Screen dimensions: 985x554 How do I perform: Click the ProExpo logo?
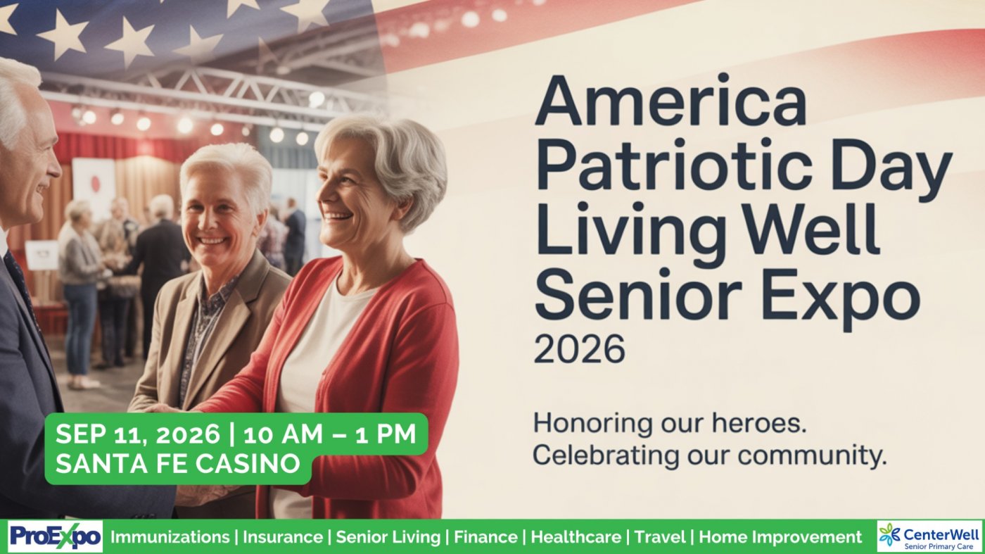(56, 537)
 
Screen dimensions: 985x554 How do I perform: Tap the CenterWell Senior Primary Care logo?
(929, 537)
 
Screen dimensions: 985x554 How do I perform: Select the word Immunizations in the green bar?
(170, 537)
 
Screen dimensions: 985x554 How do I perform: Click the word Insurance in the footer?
(283, 537)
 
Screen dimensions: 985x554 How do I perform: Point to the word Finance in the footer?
(485, 537)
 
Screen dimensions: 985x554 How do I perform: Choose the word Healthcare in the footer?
(576, 537)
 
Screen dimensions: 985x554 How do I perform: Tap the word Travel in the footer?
(660, 537)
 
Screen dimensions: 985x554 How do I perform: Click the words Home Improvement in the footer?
(780, 538)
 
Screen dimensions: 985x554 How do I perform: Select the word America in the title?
(671, 101)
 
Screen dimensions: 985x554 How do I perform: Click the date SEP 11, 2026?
(137, 434)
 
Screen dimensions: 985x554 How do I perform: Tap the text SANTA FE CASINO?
(178, 463)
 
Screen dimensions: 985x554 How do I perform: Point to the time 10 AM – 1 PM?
(330, 434)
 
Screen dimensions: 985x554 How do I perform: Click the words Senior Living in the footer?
(388, 538)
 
